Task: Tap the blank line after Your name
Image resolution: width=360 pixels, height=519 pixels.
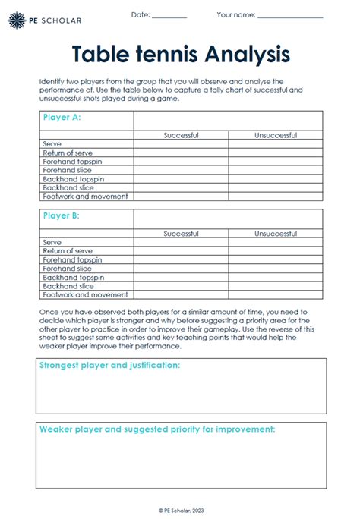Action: point(290,16)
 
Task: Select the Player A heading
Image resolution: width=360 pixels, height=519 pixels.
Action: point(62,118)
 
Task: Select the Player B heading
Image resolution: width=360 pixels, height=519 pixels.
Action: point(62,216)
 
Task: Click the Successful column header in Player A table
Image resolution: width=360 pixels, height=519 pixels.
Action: point(181,135)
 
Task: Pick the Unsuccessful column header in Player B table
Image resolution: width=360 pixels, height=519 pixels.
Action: point(276,234)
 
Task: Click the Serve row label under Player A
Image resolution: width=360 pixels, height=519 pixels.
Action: point(52,144)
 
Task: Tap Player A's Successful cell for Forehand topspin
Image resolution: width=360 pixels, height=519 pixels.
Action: point(181,162)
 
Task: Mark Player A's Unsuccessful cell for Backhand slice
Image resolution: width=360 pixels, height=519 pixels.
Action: point(276,187)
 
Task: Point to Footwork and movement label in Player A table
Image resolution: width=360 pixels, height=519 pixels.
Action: point(85,197)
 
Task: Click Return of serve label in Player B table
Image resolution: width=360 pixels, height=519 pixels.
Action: point(68,251)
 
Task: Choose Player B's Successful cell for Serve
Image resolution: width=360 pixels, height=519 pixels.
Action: point(181,243)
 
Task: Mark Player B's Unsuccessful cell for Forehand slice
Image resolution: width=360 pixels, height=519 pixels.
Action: point(276,269)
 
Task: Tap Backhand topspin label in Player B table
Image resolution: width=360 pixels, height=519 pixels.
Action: point(74,278)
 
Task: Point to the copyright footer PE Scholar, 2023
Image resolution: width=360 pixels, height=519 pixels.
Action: point(180,511)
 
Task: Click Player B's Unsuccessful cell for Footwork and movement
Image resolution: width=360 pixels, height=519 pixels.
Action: point(276,295)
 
